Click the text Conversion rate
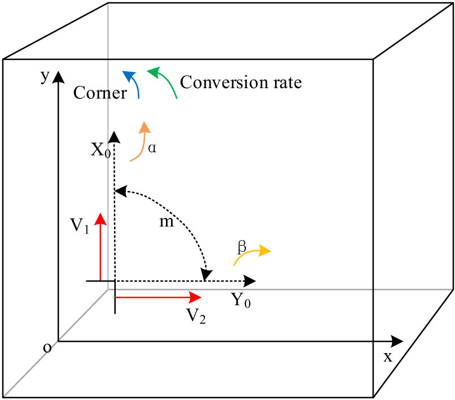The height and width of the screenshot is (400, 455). (241, 82)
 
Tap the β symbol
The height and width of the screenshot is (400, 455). (242, 246)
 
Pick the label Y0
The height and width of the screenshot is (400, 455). (241, 300)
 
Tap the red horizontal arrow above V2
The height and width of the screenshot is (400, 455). (158, 297)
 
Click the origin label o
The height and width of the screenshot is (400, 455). (47, 347)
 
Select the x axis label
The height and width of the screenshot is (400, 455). (387, 357)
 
